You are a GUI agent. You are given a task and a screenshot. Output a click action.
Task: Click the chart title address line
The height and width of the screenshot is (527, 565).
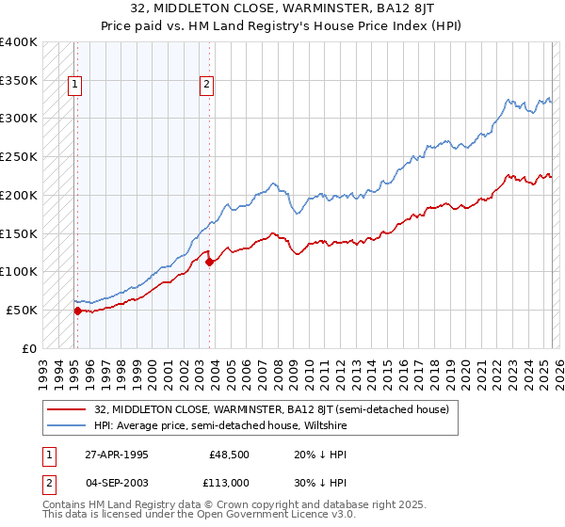point(282,8)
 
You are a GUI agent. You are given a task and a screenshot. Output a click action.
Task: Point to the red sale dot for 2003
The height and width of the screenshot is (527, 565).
point(210,262)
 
